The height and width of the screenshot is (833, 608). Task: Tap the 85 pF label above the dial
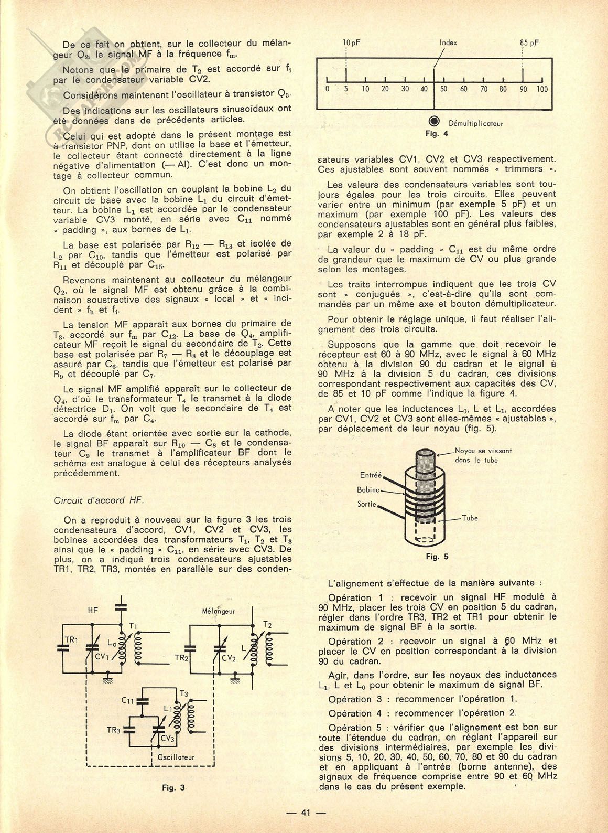pyautogui.click(x=529, y=42)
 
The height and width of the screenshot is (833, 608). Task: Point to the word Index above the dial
pyautogui.click(x=448, y=42)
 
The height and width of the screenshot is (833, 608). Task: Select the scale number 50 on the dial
pyautogui.click(x=443, y=89)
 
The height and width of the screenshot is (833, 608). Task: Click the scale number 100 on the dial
pyautogui.click(x=541, y=89)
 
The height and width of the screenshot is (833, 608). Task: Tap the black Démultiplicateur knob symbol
pyautogui.click(x=435, y=119)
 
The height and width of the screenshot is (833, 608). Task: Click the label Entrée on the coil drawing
pyautogui.click(x=371, y=475)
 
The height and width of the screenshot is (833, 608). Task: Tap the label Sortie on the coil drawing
pyautogui.click(x=368, y=504)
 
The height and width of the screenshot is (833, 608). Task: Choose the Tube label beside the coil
pyautogui.click(x=470, y=518)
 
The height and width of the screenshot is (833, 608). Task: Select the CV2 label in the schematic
pyautogui.click(x=229, y=658)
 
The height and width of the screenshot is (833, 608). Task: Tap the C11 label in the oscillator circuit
pyautogui.click(x=128, y=700)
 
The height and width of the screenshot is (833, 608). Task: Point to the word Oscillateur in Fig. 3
pyautogui.click(x=176, y=757)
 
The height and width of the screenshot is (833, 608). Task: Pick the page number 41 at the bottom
pyautogui.click(x=306, y=813)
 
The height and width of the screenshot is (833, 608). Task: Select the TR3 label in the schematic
pyautogui.click(x=114, y=730)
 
